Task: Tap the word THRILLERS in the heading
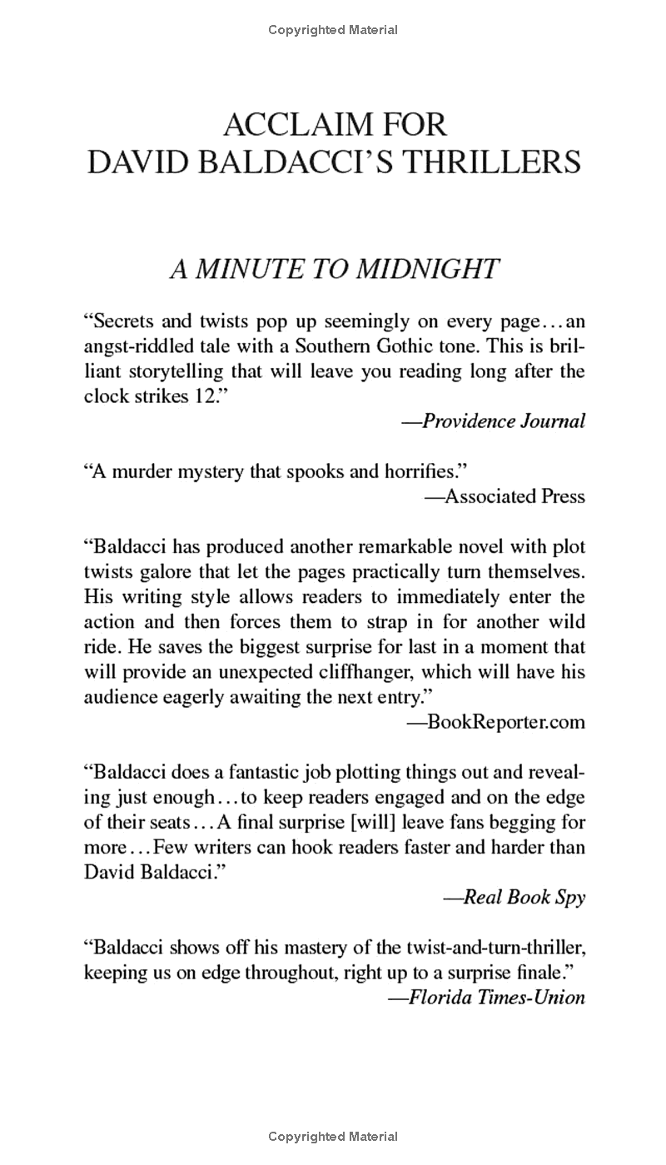coord(492,161)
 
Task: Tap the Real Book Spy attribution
coord(524,897)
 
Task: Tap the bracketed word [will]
coord(380,822)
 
